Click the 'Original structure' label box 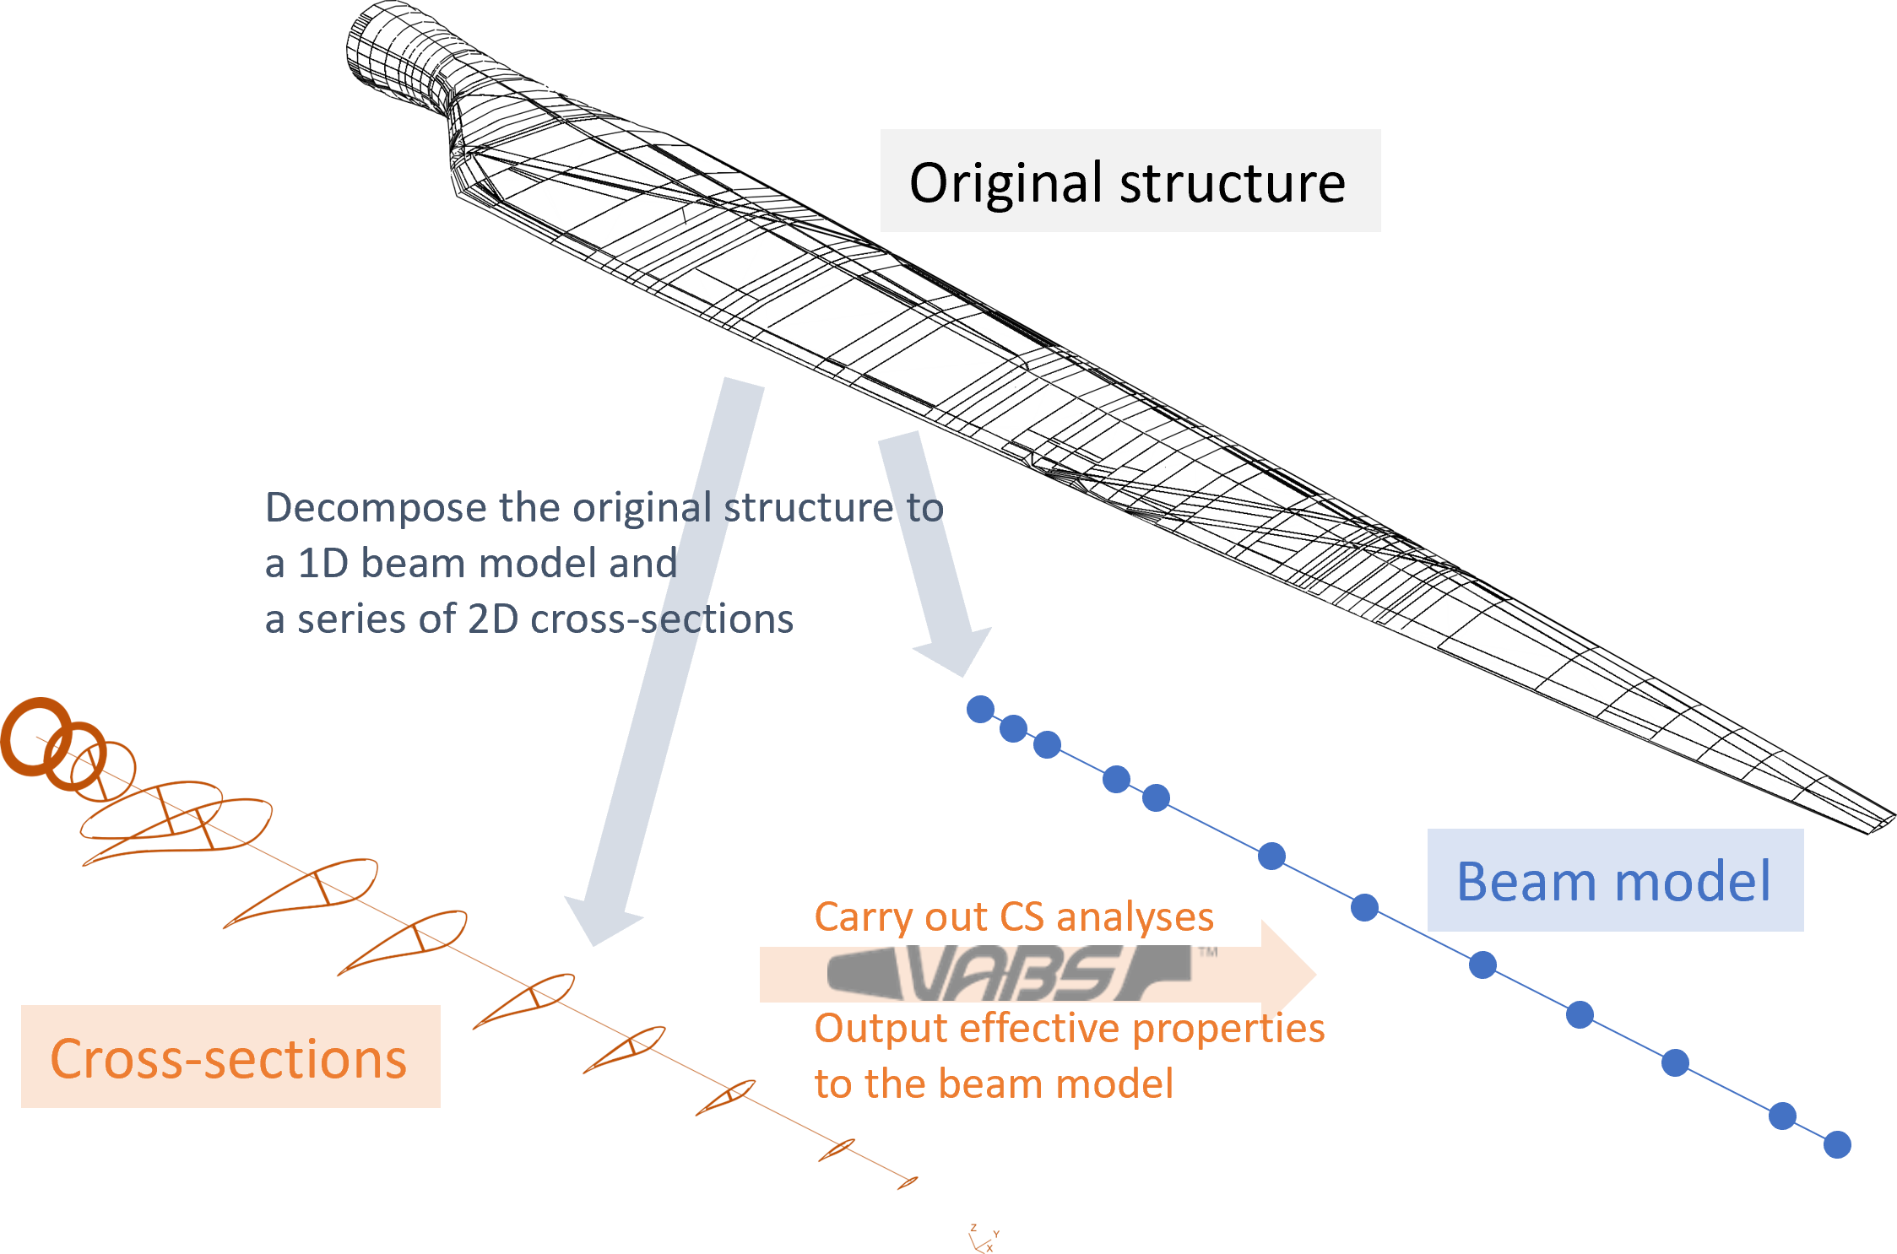coord(1130,181)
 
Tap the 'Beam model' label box coord(1614,880)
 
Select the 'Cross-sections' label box coord(230,1057)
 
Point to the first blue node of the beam coord(980,709)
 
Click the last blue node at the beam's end coord(1837,1145)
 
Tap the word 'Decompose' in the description coord(376,508)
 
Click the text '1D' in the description coord(323,564)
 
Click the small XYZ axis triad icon coord(983,1239)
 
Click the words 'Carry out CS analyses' coord(1013,917)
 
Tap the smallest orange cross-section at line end coord(908,1182)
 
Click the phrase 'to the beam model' coord(994,1084)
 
